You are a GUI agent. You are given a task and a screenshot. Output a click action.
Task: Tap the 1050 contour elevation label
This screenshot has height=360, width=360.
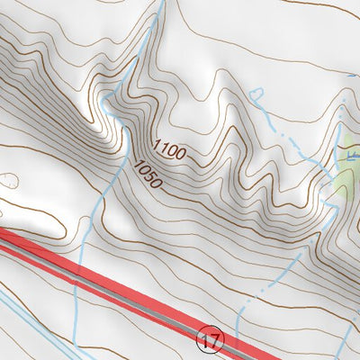[148, 174]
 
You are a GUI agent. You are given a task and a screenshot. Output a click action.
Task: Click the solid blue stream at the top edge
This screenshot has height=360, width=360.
[163, 4]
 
